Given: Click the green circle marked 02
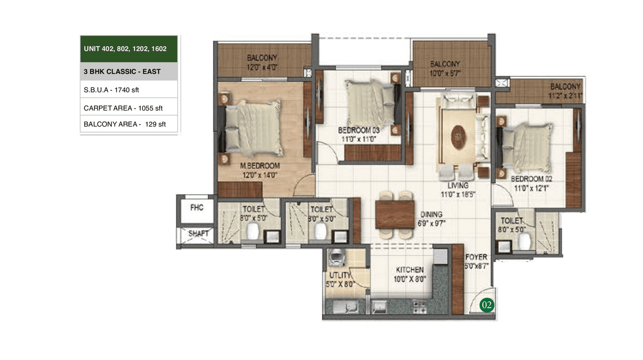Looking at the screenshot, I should (x=486, y=305).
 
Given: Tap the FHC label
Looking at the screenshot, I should (x=197, y=208).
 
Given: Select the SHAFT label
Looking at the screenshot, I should (x=198, y=233).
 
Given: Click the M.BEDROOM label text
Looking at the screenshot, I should (x=260, y=166).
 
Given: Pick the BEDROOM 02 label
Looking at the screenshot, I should (x=532, y=179).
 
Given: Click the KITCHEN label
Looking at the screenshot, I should (x=408, y=270).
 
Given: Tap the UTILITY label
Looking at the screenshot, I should (x=340, y=276).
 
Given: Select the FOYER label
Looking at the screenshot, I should (x=475, y=257).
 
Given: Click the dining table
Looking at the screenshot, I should (x=394, y=214).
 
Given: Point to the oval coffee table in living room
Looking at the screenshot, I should (x=458, y=137).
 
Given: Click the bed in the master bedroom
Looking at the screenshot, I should (x=253, y=128).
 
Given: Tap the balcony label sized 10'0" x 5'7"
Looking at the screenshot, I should (x=445, y=73).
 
